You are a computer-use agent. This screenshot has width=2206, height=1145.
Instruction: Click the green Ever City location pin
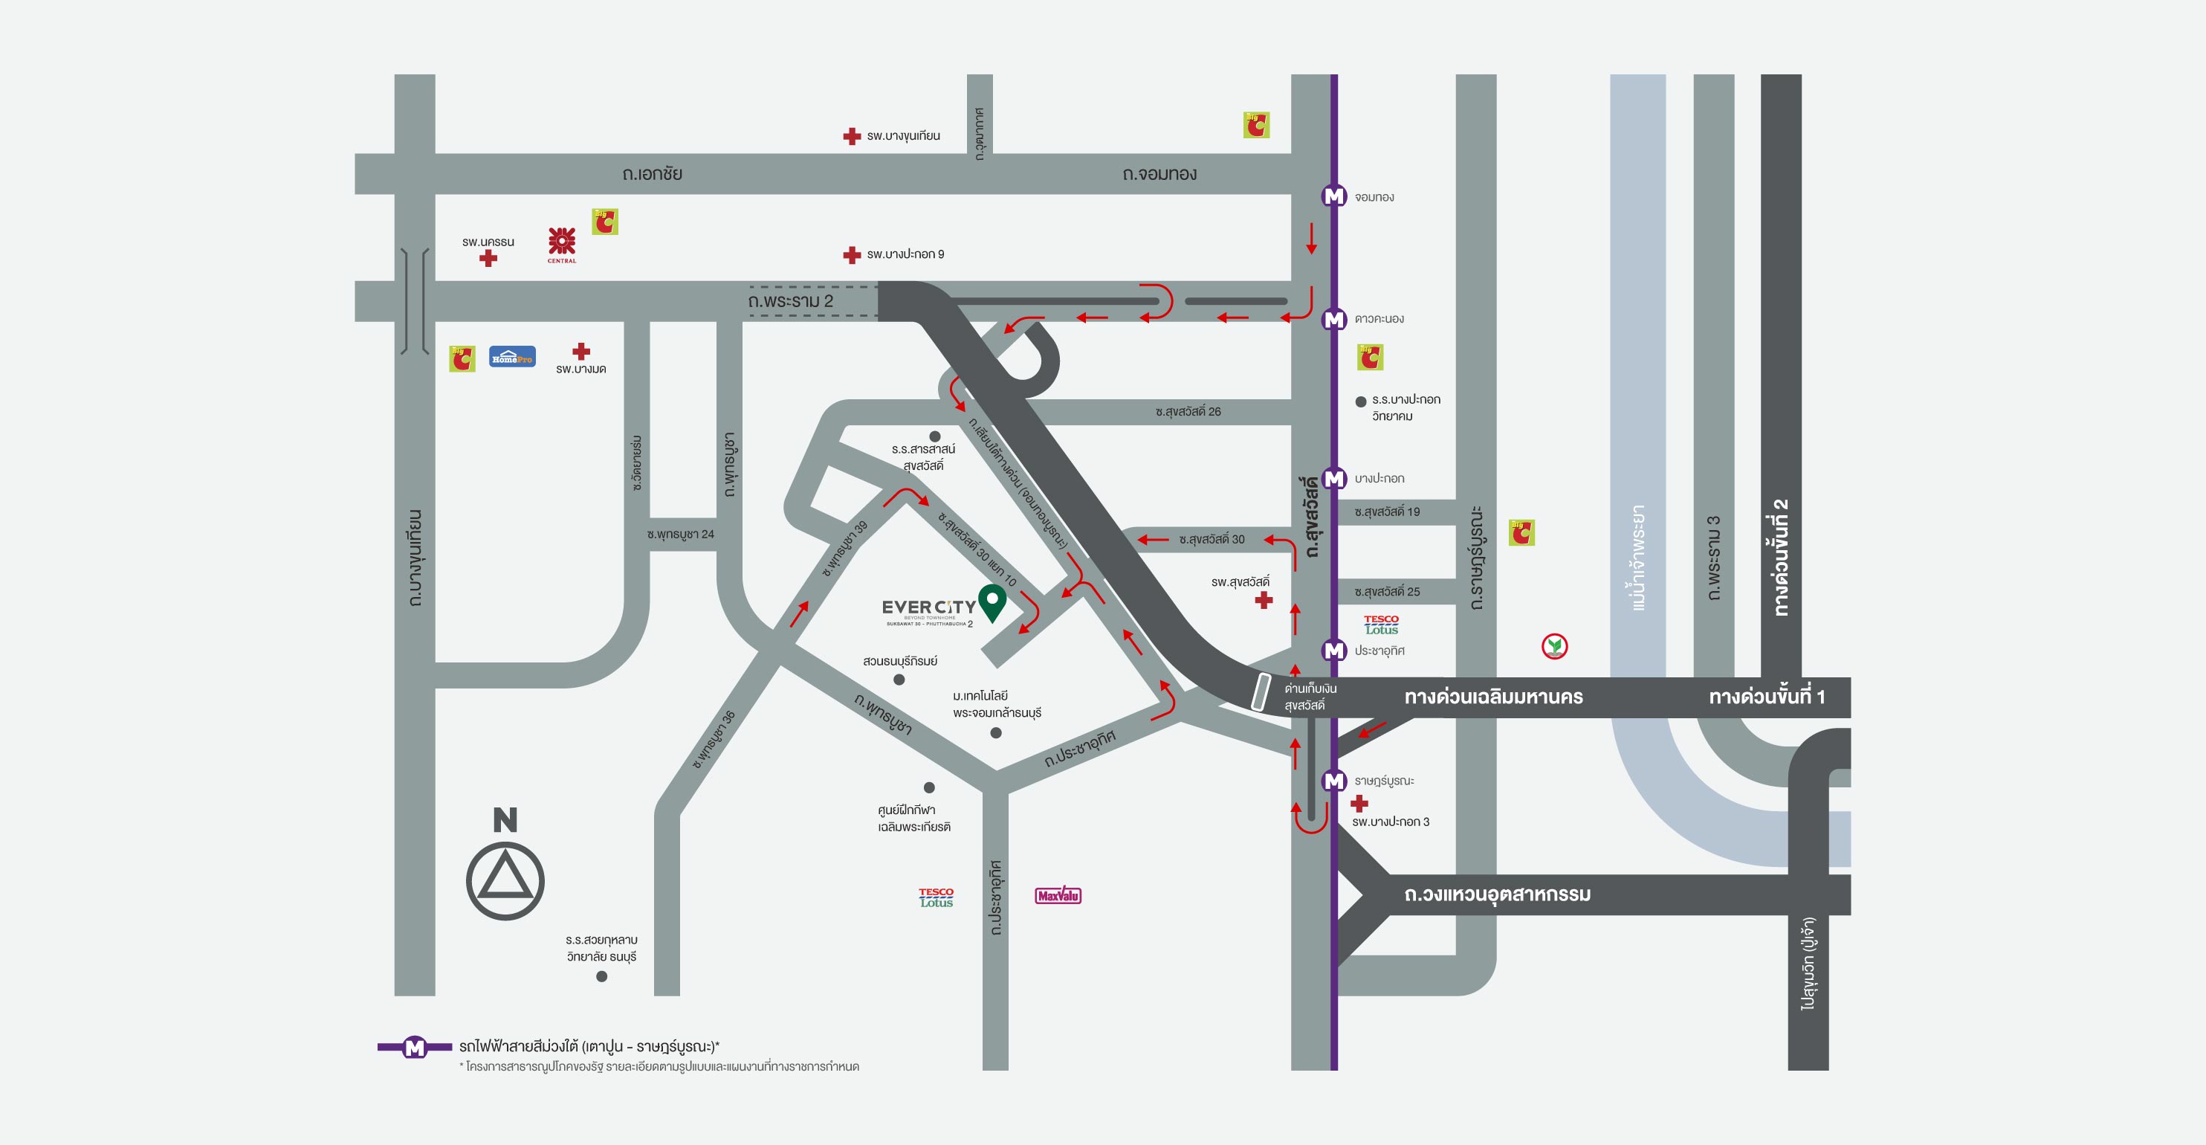click(992, 600)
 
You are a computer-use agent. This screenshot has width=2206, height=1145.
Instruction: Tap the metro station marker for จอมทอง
click(1333, 196)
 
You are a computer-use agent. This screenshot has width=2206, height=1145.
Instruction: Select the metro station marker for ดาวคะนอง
click(1333, 318)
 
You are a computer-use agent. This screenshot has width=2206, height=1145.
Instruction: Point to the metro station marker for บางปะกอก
click(1333, 478)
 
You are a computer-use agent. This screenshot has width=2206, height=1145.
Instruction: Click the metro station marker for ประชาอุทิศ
click(1333, 650)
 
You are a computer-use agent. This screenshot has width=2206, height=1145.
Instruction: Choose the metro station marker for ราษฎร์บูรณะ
click(1333, 780)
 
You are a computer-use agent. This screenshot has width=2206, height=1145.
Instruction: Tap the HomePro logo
click(512, 356)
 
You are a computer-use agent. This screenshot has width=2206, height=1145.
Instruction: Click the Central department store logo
click(562, 245)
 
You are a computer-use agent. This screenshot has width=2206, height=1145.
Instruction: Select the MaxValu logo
click(1058, 896)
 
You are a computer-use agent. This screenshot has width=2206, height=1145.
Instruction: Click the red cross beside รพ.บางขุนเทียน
click(851, 136)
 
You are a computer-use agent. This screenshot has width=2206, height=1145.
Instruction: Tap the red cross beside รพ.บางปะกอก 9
click(851, 254)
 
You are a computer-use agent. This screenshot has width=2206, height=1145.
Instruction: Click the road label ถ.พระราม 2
click(789, 301)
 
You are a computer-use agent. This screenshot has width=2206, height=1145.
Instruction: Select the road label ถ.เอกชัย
click(652, 174)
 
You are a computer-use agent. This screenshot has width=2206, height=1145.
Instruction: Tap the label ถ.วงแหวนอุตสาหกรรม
click(1497, 895)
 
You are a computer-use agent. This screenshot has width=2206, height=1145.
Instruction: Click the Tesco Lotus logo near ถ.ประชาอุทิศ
click(936, 897)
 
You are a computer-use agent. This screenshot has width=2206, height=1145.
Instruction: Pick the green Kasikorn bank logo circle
click(1554, 647)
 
